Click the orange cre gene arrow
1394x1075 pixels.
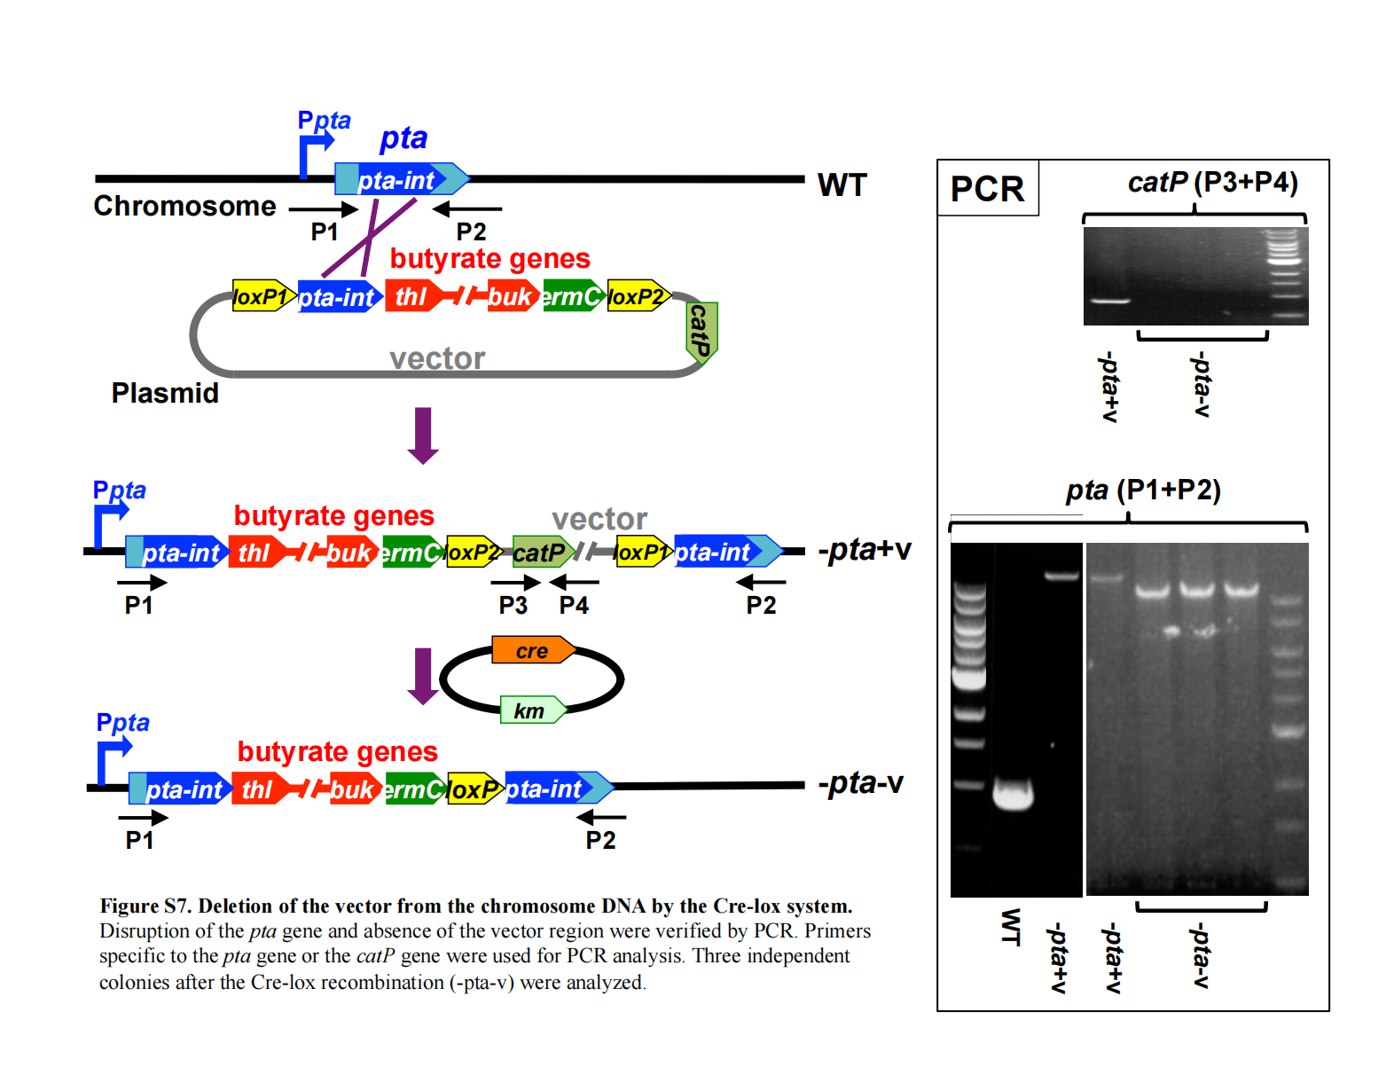(533, 650)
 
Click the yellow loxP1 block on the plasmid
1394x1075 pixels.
(262, 296)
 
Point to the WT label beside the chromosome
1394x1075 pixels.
(842, 185)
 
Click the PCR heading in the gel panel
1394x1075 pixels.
(987, 189)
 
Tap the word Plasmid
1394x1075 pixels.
(165, 393)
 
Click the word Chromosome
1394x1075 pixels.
(184, 206)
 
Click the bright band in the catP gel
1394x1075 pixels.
(1109, 301)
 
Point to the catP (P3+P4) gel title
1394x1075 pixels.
(1212, 182)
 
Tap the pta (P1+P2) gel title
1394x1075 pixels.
(1143, 490)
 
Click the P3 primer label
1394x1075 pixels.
(513, 605)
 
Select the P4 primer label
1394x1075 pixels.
(574, 605)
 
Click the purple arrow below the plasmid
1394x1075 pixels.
(423, 435)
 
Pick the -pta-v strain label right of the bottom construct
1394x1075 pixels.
(860, 783)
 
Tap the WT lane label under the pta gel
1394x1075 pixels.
(1010, 927)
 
